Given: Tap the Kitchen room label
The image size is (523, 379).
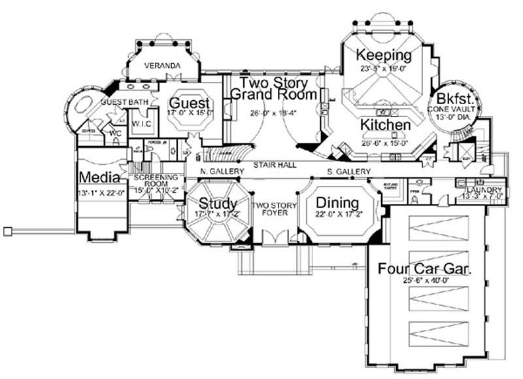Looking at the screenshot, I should click(x=385, y=124).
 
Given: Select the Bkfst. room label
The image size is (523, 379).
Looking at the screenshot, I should click(x=460, y=98).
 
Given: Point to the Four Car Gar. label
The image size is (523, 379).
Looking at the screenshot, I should click(x=425, y=269).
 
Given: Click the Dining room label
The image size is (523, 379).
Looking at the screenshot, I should click(x=337, y=202).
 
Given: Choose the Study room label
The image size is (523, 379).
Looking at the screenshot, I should click(x=218, y=202).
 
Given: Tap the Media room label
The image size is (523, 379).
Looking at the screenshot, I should click(x=99, y=177).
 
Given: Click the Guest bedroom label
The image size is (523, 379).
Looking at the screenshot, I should click(x=190, y=103).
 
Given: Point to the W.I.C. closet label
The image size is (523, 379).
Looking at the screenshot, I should click(x=142, y=123).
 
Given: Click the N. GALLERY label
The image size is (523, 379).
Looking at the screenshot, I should click(x=222, y=171).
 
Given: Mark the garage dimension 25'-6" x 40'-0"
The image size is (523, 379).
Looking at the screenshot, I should click(x=425, y=281).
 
